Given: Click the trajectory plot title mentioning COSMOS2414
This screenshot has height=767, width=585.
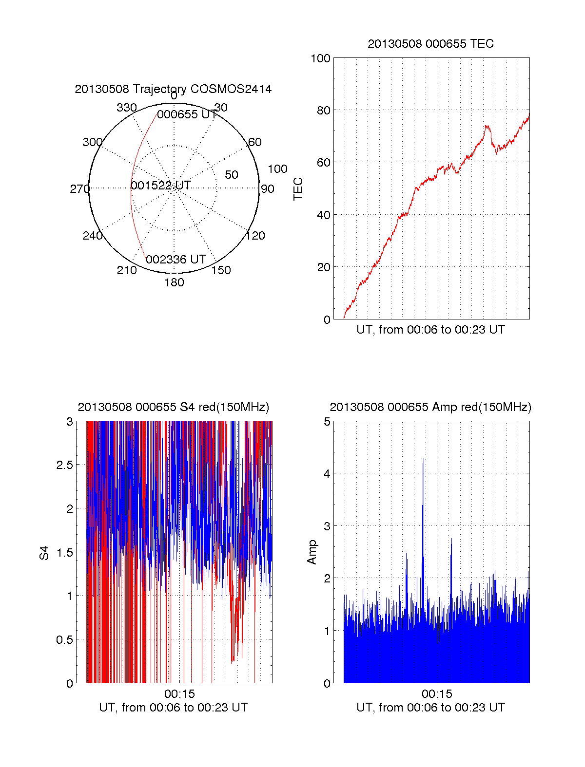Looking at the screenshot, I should pos(173,89).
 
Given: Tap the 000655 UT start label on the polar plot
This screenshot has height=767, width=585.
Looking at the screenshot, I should pos(187,114).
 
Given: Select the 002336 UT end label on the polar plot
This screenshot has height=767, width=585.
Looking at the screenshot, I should pos(176,260).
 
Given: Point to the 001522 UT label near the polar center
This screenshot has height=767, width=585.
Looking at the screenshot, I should pos(161,186).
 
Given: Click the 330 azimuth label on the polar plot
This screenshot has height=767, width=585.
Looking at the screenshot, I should pos(126,108).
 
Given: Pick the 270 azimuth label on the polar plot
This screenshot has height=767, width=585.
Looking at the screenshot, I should pos(79,189).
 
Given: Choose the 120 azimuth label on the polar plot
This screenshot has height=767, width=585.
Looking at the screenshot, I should pos(255,236).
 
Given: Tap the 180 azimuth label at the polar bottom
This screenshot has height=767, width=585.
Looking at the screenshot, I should pos(174,282).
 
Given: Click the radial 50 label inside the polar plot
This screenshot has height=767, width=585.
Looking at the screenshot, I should pos(232,175).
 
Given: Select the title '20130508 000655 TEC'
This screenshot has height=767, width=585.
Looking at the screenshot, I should pos(430,44).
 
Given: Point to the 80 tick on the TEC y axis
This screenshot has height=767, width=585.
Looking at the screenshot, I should pos(323,111).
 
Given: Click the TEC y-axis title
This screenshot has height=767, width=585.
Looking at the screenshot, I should pos(298,189).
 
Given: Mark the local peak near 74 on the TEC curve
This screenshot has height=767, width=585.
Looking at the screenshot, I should pos(487,126).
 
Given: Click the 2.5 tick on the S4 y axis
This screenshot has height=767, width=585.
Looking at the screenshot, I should pos(65,465).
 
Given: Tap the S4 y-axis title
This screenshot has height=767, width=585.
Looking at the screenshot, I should pos(44,553).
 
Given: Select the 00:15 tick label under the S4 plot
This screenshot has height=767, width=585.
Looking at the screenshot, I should pos(179,694).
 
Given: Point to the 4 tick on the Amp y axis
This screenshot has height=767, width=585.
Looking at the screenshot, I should pos(327,474).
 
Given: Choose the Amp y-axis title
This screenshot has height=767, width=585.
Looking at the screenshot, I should pos(312,552).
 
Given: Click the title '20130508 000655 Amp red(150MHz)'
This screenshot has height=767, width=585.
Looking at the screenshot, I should pos(430,407).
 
